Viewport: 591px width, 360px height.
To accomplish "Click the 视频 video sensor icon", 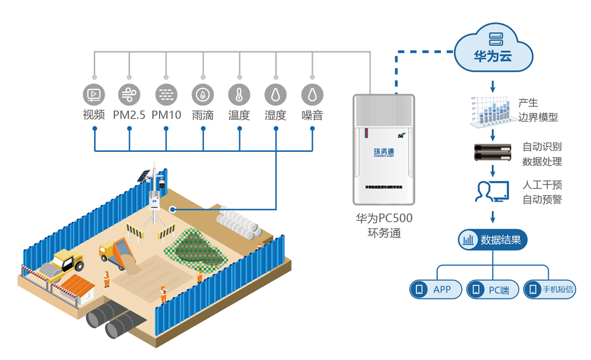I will (94, 94).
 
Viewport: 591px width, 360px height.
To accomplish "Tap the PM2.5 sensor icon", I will (129, 94).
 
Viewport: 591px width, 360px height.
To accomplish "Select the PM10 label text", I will (166, 115).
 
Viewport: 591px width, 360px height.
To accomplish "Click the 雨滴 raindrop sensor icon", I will (203, 94).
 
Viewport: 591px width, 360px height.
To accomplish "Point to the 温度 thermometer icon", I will (239, 94).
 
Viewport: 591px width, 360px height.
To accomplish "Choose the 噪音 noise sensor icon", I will (312, 94).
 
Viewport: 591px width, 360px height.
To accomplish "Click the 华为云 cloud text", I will (493, 57).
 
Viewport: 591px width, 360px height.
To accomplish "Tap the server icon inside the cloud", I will (493, 40).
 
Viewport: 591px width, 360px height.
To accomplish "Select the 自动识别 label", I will (542, 146).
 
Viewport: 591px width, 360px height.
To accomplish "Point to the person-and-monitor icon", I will (492, 192).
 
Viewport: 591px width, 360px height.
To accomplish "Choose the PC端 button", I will (492, 290).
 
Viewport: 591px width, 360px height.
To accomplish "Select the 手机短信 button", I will (550, 290).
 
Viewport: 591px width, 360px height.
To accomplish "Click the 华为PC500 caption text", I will (384, 218).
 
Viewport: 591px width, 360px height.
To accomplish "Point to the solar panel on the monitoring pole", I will (144, 176).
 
